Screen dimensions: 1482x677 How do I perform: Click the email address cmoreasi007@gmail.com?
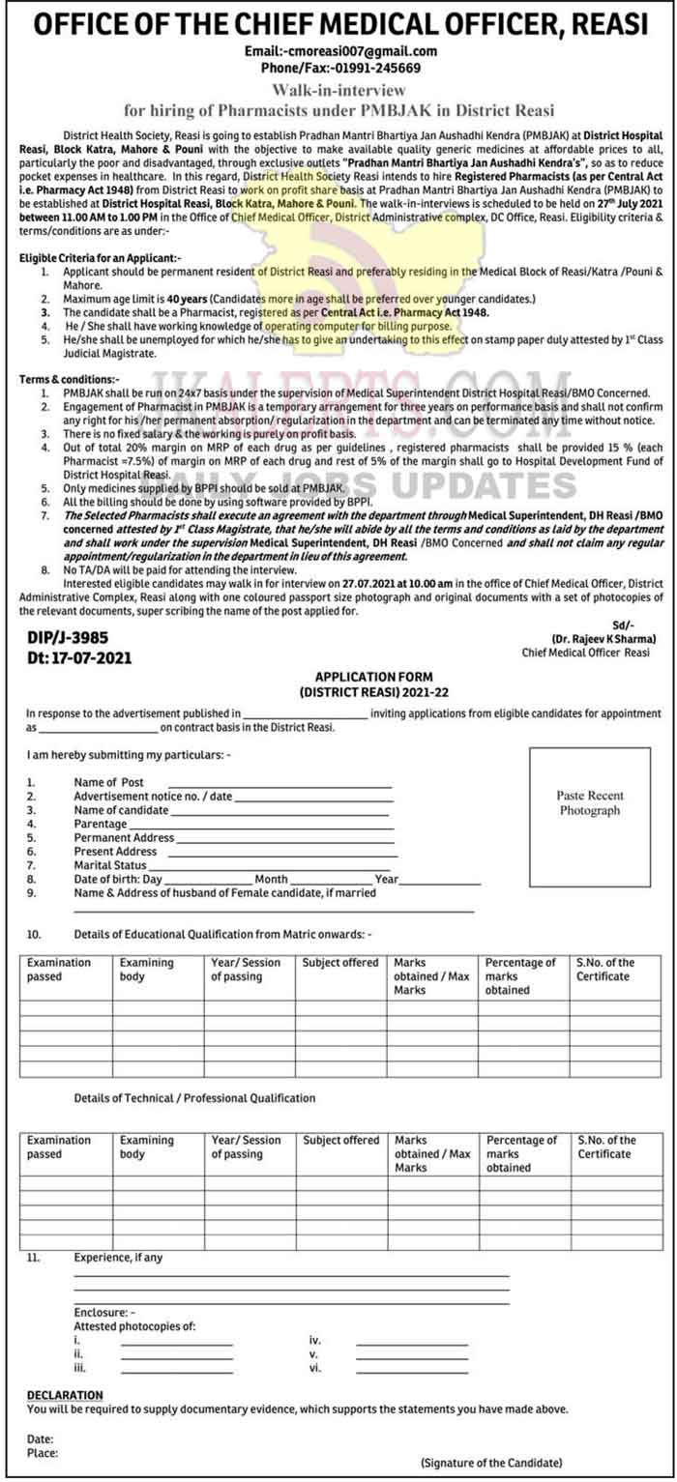tap(361, 51)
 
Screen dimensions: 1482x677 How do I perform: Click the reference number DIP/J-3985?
tap(67, 637)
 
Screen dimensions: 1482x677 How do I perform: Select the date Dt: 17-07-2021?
tap(79, 657)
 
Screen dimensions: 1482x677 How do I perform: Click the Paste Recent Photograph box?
tap(589, 803)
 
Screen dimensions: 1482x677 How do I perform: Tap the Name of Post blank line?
tap(280, 782)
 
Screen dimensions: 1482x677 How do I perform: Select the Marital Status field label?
tap(110, 865)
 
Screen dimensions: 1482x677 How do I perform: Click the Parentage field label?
tap(101, 824)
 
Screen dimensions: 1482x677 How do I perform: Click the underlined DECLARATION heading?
tap(65, 1395)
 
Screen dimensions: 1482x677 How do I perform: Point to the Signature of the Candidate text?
tap(490, 1464)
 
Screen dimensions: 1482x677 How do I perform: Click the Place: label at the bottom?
tap(42, 1453)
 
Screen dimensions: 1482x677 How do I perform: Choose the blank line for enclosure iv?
tap(411, 1341)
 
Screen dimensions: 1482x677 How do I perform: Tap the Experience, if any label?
tap(118, 1258)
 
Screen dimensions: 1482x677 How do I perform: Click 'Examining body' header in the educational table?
tap(147, 970)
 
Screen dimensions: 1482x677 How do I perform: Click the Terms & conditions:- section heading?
tap(70, 380)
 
